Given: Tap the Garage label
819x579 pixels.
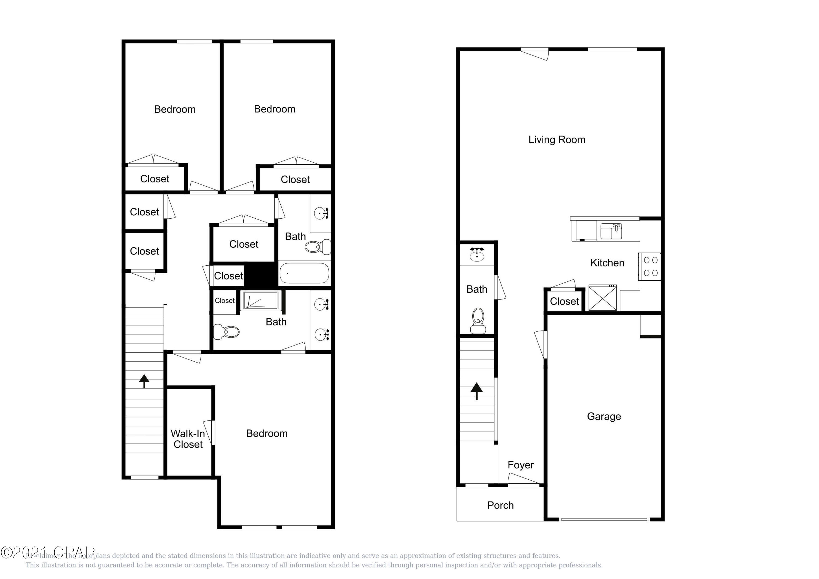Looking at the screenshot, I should (604, 416).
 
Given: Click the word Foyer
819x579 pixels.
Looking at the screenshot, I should (520, 465).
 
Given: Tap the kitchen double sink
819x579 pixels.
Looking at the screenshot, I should (611, 231).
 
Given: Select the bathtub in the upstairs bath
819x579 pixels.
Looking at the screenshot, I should (304, 273).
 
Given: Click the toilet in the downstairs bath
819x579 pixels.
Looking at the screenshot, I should (478, 320).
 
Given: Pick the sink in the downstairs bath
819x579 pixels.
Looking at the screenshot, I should (477, 255).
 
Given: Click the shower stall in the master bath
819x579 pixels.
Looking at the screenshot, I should (260, 300).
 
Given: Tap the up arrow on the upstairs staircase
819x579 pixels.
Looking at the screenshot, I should (144, 381).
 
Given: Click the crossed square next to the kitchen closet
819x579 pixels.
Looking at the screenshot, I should (602, 298).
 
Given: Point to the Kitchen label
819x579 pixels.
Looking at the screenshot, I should (607, 263).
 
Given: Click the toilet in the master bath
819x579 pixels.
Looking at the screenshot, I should (227, 332).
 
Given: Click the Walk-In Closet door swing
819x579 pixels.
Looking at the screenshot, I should (209, 432).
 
